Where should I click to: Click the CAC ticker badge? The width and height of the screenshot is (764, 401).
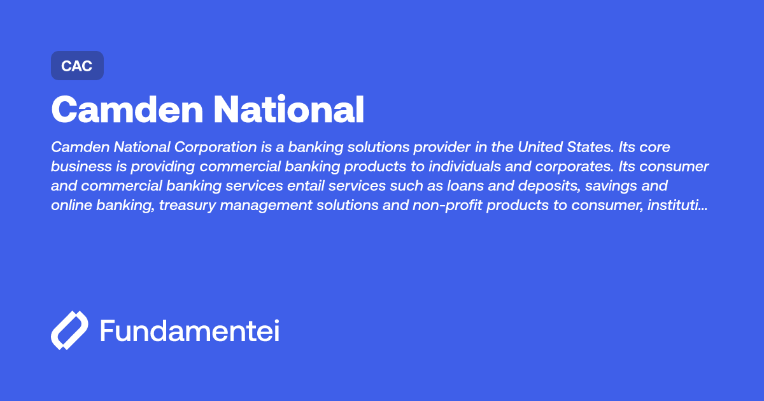[77, 66]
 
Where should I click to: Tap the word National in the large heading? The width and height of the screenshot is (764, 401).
[288, 109]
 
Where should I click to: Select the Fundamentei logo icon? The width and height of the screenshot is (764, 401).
[69, 330]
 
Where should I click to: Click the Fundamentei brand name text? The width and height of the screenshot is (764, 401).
[190, 331]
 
